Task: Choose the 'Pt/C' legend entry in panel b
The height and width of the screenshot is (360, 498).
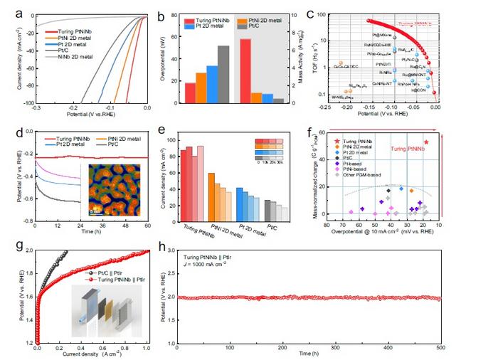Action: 261,26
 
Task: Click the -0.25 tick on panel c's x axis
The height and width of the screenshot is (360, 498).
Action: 325,108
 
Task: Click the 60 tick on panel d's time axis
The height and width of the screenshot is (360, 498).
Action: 147,226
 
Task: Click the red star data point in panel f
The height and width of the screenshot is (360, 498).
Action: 425,142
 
